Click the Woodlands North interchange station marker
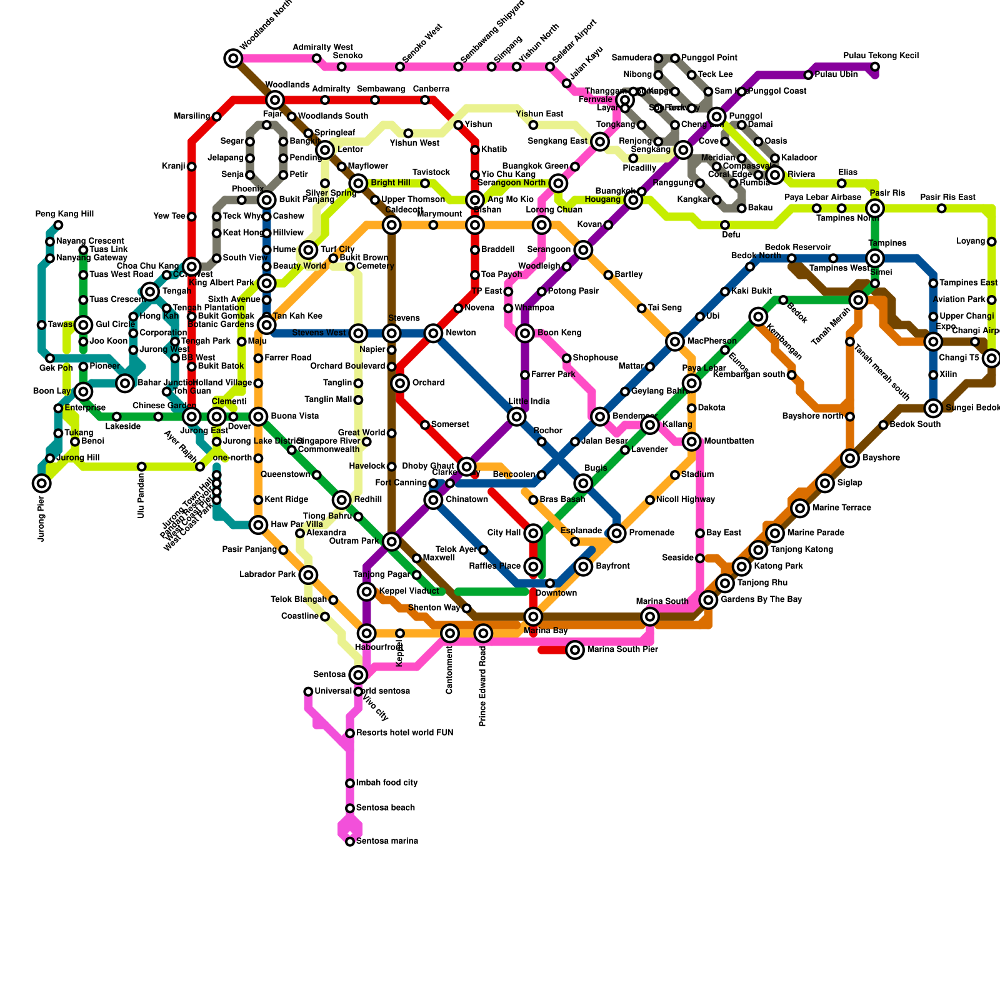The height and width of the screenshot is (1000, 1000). tap(233, 59)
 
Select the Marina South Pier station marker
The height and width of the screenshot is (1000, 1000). tap(575, 650)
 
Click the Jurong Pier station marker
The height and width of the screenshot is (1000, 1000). tap(42, 483)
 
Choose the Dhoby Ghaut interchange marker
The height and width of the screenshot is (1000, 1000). tap(466, 466)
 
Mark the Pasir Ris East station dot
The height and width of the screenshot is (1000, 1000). tap(941, 208)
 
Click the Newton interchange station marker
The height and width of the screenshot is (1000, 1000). tap(433, 333)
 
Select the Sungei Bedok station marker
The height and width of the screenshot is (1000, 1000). tap(933, 408)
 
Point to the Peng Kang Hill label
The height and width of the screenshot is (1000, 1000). tap(64, 214)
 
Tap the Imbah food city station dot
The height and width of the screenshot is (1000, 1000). tap(350, 783)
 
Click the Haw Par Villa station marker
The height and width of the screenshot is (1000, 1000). tap(258, 525)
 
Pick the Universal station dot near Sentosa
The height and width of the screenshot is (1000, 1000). tap(308, 691)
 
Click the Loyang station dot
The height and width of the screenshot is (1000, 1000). tap(991, 242)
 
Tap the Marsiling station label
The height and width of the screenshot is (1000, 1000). tap(192, 116)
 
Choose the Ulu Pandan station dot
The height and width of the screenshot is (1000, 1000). tap(142, 467)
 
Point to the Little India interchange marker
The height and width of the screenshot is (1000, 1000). tap(516, 416)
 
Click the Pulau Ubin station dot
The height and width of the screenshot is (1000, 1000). tap(808, 75)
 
